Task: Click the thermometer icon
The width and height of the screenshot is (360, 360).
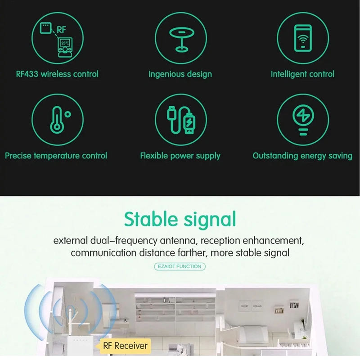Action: pyautogui.click(x=55, y=119)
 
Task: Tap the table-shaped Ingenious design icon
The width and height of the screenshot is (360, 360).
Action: pyautogui.click(x=180, y=38)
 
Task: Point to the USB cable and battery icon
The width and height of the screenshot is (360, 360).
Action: pyautogui.click(x=180, y=120)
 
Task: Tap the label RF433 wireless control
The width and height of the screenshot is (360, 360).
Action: pyautogui.click(x=57, y=74)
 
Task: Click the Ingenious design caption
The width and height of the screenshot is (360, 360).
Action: pyautogui.click(x=180, y=74)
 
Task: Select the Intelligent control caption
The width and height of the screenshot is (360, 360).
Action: pyautogui.click(x=302, y=74)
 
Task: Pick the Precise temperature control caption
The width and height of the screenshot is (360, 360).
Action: pyautogui.click(x=56, y=156)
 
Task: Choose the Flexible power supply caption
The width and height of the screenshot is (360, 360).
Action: pyautogui.click(x=180, y=156)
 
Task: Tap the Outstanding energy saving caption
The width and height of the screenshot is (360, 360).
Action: pyautogui.click(x=302, y=156)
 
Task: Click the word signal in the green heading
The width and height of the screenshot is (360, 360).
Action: pyautogui.click(x=210, y=220)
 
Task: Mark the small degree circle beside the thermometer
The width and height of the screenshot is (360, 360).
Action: pyautogui.click(x=67, y=114)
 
